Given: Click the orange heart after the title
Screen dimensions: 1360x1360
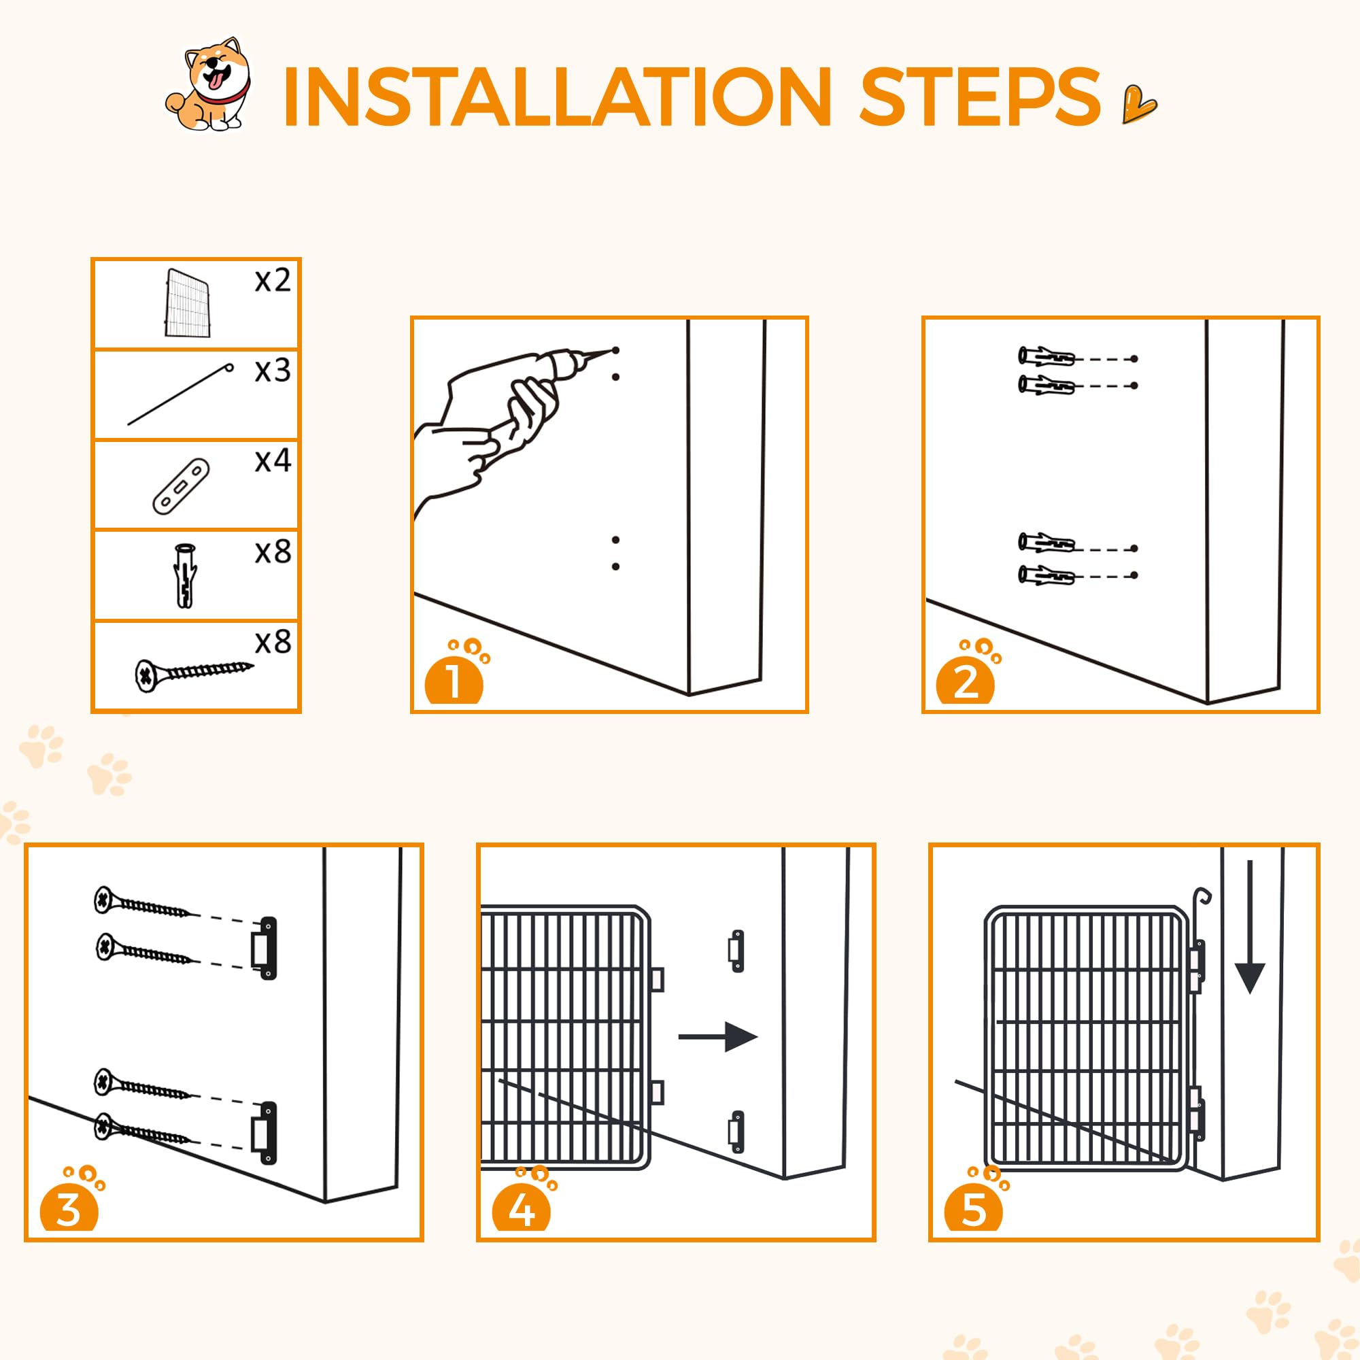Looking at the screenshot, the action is coord(1138,103).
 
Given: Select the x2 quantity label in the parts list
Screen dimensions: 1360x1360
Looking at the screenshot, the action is coord(273,281).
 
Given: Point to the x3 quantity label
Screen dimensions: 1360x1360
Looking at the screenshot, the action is coord(273,371).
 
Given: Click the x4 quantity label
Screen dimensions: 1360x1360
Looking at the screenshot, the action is coord(273,460).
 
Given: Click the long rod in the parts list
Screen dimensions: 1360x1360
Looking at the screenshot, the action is coord(181,394).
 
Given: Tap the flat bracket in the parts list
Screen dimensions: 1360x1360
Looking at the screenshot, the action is coord(181,486).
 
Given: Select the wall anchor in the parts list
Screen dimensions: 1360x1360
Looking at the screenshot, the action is coord(185,575).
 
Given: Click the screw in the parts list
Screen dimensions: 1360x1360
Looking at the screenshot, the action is coord(194,674).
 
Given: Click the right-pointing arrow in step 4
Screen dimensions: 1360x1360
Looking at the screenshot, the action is coord(718,1037).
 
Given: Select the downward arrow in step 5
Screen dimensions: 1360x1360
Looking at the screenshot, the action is coord(1251,927).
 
